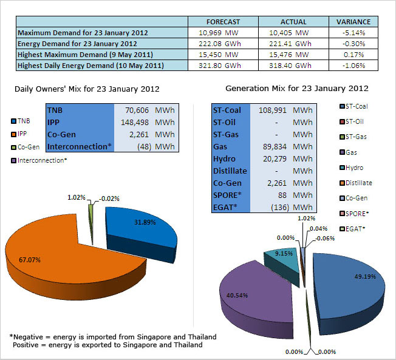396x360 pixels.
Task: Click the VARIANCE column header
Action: point(353,21)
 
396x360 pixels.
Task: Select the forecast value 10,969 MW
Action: point(223,32)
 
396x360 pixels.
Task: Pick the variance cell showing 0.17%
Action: point(353,54)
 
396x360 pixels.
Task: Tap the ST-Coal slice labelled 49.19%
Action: point(343,291)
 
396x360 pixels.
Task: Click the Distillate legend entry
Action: point(358,183)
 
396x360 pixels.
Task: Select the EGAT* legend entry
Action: point(355,228)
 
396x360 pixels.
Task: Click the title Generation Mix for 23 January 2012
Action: point(296,89)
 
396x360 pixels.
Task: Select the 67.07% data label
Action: point(29,260)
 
